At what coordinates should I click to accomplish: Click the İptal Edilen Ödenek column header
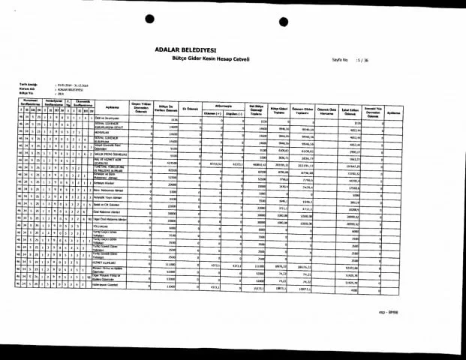click(350, 106)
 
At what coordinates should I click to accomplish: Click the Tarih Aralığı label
click(29, 82)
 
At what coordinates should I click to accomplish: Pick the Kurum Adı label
click(28, 86)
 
